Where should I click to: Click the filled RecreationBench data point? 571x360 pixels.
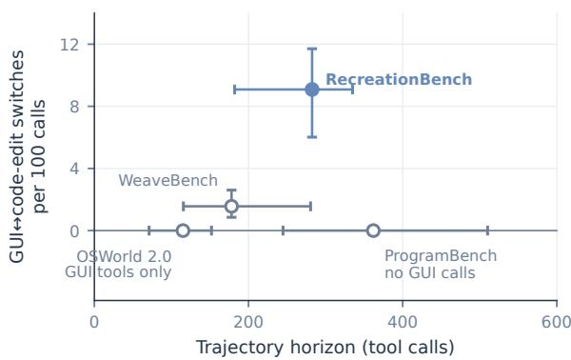point(312,90)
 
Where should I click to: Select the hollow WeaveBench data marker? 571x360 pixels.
point(231,207)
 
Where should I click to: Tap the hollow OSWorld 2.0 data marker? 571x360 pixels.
point(183,230)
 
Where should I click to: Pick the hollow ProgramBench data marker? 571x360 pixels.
point(373,230)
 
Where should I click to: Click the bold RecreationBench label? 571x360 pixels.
point(399,79)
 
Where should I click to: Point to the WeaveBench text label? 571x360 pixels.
point(167,180)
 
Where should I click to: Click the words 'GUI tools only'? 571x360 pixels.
point(118,272)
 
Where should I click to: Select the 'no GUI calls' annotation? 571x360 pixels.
point(430,273)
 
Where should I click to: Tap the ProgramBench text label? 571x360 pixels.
point(441,256)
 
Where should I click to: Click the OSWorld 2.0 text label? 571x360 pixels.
point(124,256)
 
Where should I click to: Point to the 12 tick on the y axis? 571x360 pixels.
point(69,45)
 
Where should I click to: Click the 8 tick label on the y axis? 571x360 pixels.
point(74,107)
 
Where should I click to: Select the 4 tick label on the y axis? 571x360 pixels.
point(74,169)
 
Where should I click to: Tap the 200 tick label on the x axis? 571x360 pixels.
point(248,322)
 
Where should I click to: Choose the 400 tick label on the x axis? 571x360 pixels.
point(403,322)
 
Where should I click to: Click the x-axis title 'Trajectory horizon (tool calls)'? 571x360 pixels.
point(325,348)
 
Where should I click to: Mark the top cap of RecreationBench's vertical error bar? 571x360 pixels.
point(312,49)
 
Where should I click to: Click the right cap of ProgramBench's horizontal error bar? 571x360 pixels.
point(487,230)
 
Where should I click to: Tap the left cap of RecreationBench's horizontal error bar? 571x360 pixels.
point(234,90)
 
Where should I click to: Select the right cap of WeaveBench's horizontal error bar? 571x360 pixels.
point(310,207)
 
